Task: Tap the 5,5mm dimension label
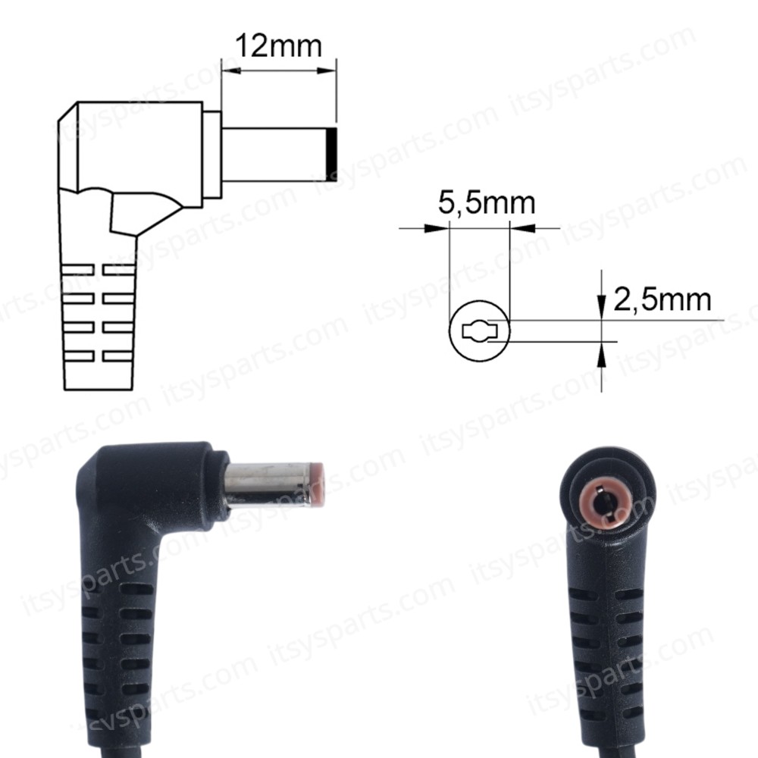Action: coord(486,203)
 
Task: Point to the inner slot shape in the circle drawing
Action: coord(479,332)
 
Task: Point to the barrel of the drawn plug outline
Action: coord(273,154)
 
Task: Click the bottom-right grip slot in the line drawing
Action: coord(118,355)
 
